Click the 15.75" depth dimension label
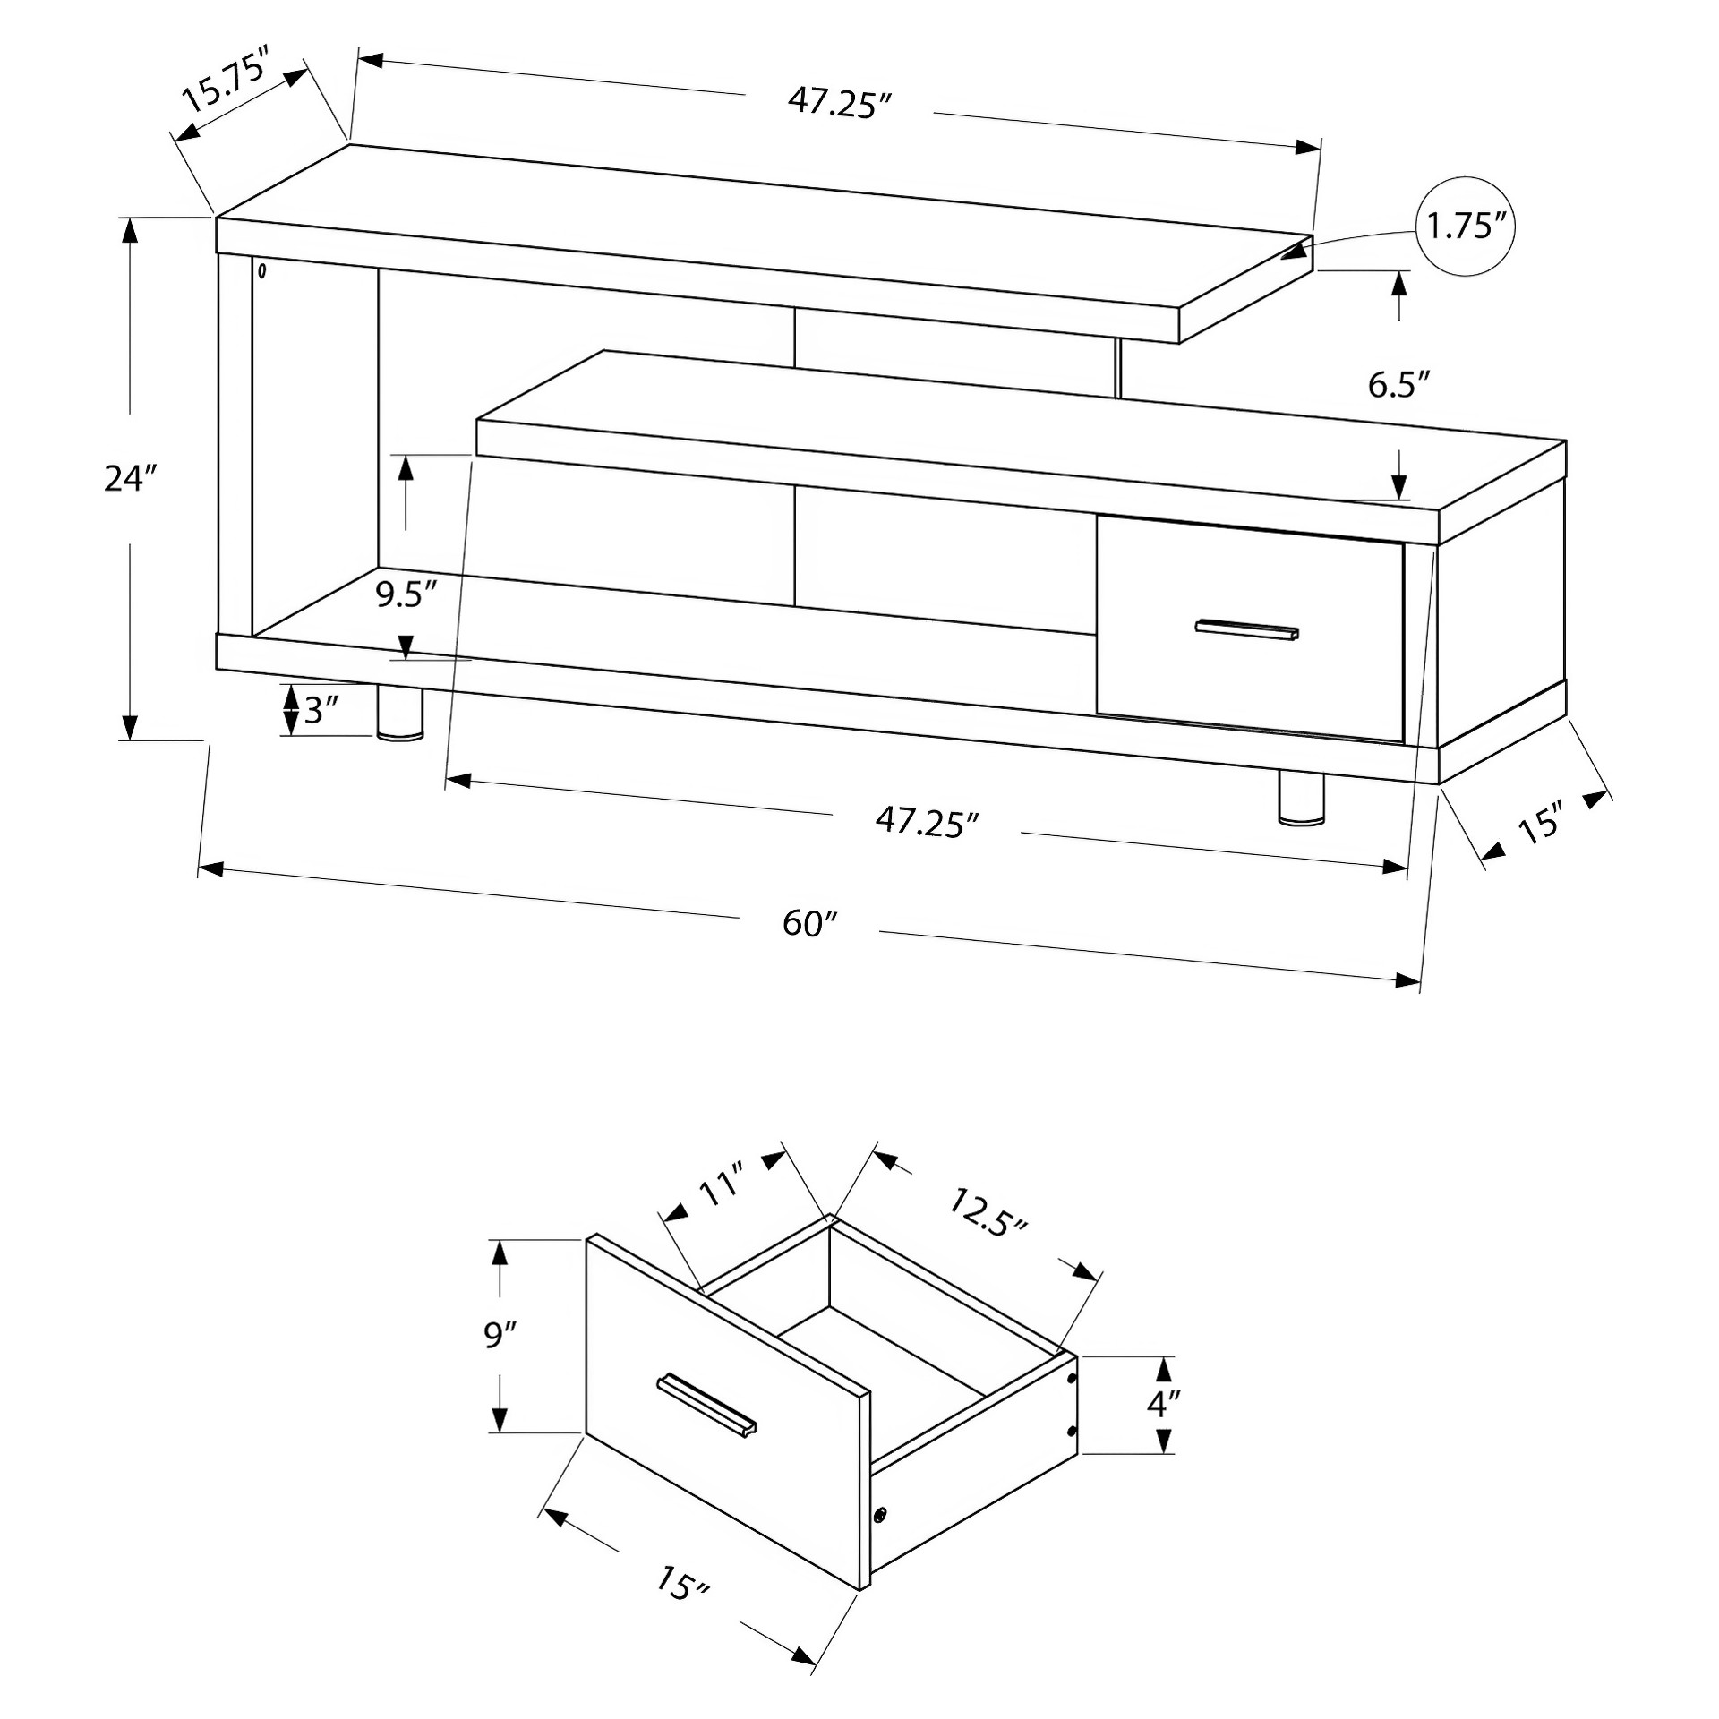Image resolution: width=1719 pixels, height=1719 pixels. [227, 82]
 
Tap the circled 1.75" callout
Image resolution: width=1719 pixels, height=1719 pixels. [1465, 227]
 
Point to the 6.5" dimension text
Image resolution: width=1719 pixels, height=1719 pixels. [1399, 385]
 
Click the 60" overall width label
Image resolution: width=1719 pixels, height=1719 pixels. [809, 923]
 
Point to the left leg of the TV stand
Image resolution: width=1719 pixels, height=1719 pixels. [400, 714]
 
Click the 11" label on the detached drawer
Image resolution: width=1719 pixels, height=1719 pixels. [723, 1182]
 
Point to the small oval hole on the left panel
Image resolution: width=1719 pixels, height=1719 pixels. [261, 270]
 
